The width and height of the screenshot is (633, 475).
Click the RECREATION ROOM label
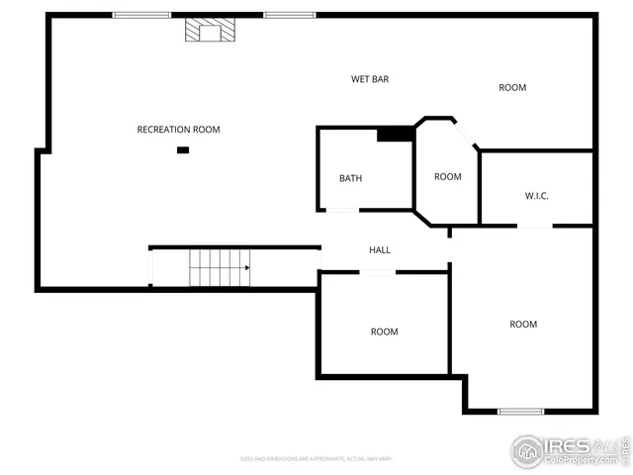coord(178,130)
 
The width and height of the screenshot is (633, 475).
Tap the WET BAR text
coord(370,79)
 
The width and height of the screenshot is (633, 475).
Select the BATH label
coord(350,179)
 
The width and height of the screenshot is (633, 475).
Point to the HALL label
coord(380,250)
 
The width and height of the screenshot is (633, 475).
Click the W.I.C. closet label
coord(536,196)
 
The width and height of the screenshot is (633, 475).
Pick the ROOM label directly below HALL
coord(384,332)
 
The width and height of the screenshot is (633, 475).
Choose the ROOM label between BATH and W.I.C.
coord(447,177)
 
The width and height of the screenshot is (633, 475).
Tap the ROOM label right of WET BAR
coord(512,88)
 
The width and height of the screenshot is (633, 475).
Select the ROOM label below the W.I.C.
coord(523,325)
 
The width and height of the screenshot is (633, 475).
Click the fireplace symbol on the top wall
coord(211,32)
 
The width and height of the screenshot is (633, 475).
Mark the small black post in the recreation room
coord(183,149)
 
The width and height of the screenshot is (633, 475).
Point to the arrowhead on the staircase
coord(246,267)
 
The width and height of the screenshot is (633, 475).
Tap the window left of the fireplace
coord(141,15)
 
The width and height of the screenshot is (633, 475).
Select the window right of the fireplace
coord(289,15)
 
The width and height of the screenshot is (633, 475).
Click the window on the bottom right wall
coord(520,411)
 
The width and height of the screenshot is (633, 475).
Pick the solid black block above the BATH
coord(396,134)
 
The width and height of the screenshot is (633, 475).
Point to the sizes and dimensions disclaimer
coord(316,458)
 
